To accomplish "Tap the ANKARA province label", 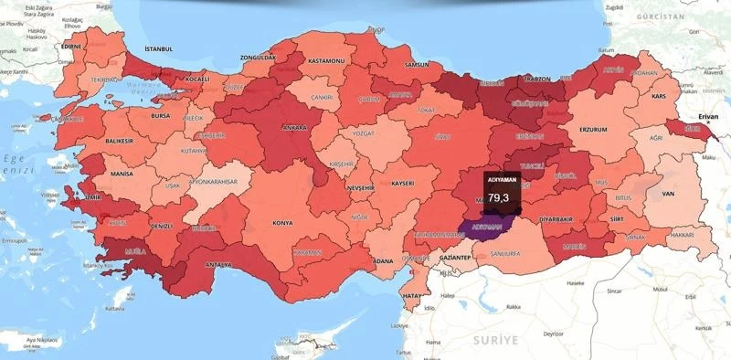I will pyautogui.click(x=294, y=128).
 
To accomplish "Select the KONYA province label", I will pyautogui.click(x=282, y=222).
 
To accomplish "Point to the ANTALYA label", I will pyautogui.click(x=217, y=265).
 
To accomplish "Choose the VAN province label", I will pyautogui.click(x=668, y=194).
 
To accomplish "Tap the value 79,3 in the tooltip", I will pyautogui.click(x=498, y=197).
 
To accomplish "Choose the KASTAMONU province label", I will pyautogui.click(x=325, y=59).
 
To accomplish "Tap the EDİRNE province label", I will pyautogui.click(x=70, y=45).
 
